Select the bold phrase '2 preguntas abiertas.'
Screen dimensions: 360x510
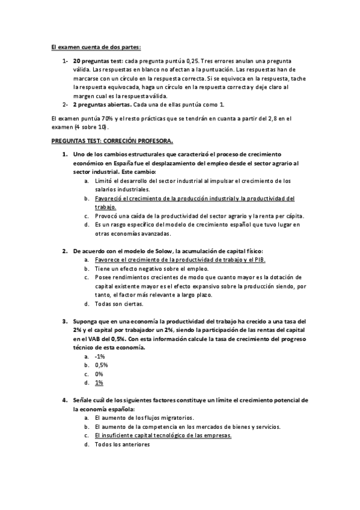pyautogui.click(x=102, y=105)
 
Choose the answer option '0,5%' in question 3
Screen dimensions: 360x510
pyautogui.click(x=101, y=364)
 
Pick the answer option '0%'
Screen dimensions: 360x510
pyautogui.click(x=99, y=373)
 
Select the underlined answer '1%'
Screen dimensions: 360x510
pyautogui.click(x=99, y=382)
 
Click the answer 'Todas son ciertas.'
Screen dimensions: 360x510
pyautogui.click(x=119, y=304)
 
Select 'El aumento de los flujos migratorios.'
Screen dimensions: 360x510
pyautogui.click(x=144, y=417)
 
